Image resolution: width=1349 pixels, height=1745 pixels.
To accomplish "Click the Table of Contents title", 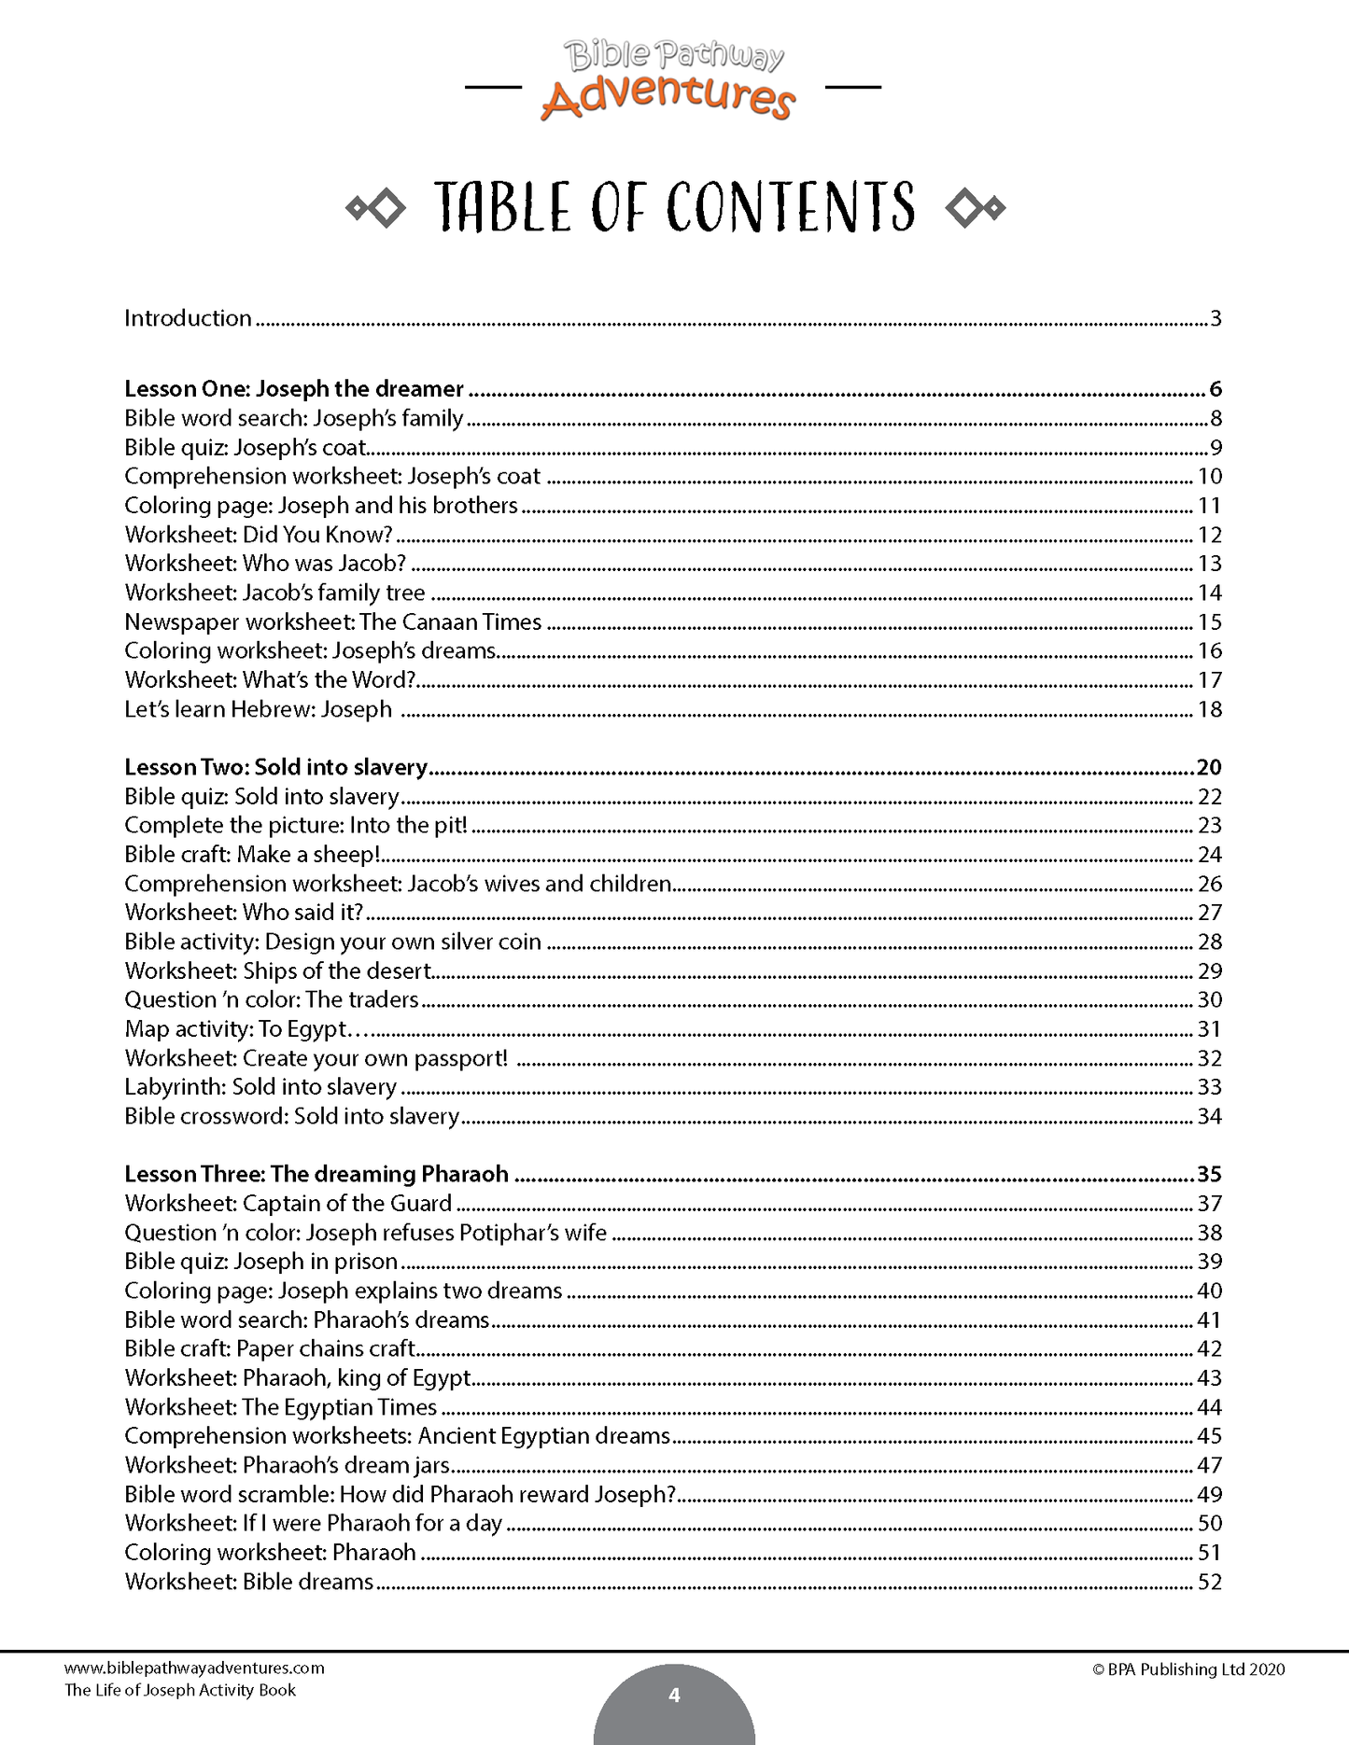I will [x=674, y=207].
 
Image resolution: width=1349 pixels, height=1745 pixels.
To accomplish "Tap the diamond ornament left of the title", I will [x=375, y=208].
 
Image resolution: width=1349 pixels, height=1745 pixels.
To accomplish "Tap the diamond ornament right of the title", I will [x=975, y=208].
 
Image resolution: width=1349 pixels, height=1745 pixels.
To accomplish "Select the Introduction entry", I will [x=188, y=318].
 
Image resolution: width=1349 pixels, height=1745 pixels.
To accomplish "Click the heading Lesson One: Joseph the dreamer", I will [x=294, y=389].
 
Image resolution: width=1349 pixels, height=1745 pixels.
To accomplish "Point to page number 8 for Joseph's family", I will [x=1216, y=419].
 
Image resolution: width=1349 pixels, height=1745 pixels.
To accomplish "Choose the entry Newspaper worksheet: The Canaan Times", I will [x=332, y=622].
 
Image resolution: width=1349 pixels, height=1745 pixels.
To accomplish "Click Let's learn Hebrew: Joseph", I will [x=258, y=709].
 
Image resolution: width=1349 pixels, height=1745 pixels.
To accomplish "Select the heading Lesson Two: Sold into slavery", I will [x=275, y=767].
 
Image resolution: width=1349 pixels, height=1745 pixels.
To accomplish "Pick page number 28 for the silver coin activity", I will [x=1209, y=942].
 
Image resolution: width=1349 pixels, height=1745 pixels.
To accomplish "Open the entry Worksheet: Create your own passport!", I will [x=316, y=1058].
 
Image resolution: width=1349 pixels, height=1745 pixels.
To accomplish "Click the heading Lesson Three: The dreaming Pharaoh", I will [x=316, y=1174].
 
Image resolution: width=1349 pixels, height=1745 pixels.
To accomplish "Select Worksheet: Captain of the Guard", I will [x=288, y=1204].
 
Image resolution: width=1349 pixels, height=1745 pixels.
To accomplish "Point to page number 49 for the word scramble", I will [x=1209, y=1494].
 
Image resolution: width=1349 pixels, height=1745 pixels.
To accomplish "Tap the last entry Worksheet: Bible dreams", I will [x=248, y=1582].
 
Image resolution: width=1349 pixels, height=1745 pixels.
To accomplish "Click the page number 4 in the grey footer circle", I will [x=674, y=1695].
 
